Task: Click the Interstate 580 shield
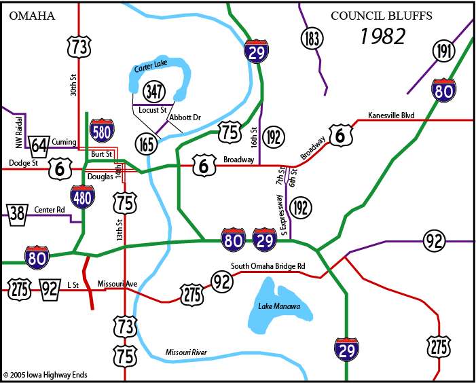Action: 101,130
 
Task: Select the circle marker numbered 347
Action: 154,90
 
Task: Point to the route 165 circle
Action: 146,144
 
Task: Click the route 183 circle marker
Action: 311,37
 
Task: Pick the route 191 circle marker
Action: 443,51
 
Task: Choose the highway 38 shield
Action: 16,213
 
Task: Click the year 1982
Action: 383,36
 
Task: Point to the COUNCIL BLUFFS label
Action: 381,16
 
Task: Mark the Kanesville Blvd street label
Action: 390,115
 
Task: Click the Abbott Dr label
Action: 185,117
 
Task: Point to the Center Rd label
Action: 50,210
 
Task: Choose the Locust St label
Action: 152,109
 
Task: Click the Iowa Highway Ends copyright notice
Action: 45,374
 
